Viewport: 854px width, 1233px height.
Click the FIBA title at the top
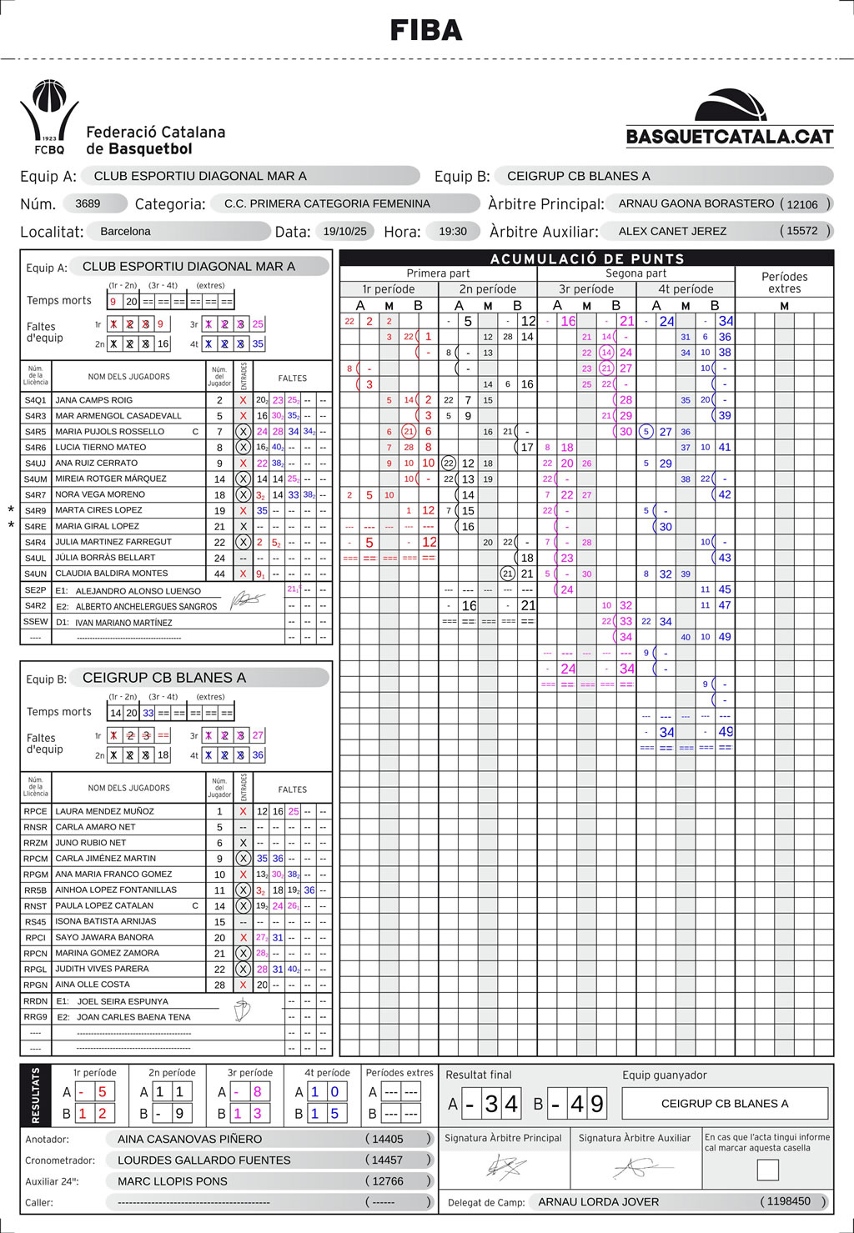point(426,31)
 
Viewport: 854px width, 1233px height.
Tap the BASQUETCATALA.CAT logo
point(730,119)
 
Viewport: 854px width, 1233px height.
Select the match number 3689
point(88,203)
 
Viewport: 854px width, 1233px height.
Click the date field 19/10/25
point(344,231)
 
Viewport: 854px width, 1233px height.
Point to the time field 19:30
point(453,231)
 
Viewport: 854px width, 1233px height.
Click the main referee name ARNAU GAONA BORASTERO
point(696,203)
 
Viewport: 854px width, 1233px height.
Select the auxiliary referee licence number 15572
point(802,231)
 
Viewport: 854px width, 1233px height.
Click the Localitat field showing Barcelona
point(125,231)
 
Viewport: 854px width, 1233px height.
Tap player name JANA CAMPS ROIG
point(93,400)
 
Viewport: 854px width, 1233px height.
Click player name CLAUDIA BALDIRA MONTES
point(111,574)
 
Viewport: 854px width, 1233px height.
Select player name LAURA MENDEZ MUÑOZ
point(104,811)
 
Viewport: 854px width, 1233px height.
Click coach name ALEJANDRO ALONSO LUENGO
point(138,591)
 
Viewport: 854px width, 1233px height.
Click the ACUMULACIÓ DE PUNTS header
point(586,258)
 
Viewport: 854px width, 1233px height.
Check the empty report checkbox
point(767,1170)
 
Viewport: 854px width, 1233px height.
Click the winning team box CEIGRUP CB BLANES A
point(725,1104)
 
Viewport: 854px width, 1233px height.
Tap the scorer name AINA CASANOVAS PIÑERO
point(189,1139)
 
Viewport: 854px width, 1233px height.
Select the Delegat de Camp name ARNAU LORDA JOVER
point(598,1202)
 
